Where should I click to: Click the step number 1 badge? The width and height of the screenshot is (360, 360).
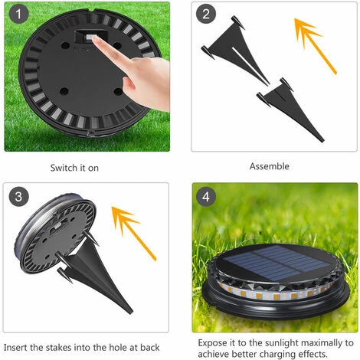(18, 14)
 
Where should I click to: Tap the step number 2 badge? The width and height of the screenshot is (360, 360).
(206, 14)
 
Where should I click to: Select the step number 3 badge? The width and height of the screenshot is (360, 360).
(18, 197)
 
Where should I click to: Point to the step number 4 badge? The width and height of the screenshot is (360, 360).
(206, 197)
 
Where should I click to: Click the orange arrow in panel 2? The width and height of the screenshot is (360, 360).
(315, 46)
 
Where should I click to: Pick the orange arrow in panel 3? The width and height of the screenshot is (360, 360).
(133, 233)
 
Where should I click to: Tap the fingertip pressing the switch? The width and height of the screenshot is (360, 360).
(95, 39)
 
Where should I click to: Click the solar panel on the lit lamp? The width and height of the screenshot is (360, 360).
(275, 262)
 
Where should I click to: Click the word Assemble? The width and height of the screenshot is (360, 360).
(270, 166)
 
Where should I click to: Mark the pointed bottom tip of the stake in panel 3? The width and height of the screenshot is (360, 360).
(132, 313)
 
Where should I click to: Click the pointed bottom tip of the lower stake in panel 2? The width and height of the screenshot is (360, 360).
(322, 140)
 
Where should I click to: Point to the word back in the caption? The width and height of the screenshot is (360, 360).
(150, 348)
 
